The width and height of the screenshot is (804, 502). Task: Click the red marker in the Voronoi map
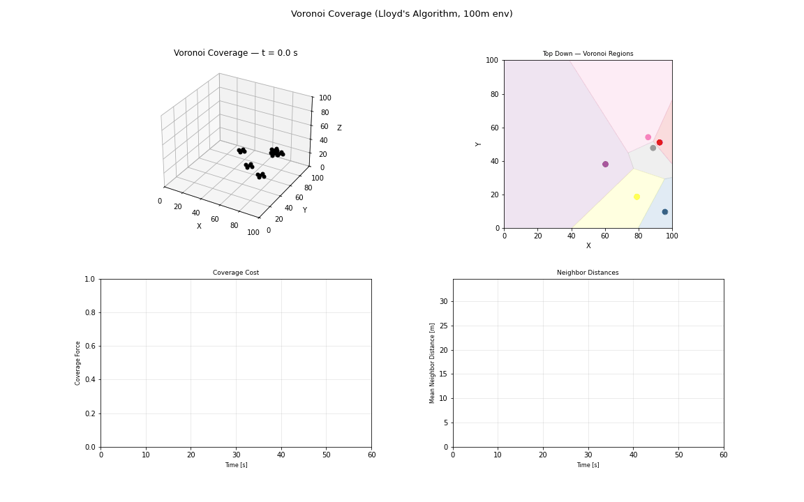click(x=660, y=142)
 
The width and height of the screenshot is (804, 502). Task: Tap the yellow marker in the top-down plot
click(x=636, y=197)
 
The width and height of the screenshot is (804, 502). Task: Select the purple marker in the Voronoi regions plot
click(x=605, y=165)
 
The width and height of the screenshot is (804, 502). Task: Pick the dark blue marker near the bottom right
click(x=664, y=212)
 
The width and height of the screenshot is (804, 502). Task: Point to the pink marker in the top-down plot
click(x=648, y=137)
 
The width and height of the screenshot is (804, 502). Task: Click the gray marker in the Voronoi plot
click(x=653, y=148)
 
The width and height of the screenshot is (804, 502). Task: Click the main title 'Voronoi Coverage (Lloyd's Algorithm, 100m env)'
click(x=401, y=14)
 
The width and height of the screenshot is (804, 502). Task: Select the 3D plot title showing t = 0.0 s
click(x=235, y=53)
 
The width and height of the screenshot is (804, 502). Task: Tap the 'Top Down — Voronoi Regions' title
click(x=588, y=54)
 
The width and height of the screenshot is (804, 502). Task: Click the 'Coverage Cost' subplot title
click(x=235, y=273)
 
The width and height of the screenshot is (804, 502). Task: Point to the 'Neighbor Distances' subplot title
click(x=588, y=273)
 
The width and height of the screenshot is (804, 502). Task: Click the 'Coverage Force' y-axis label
click(x=78, y=363)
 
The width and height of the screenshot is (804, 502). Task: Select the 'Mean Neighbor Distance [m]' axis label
click(x=432, y=363)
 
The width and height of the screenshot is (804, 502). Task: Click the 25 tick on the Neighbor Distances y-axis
click(x=442, y=326)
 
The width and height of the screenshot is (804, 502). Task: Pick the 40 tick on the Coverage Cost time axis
click(x=281, y=455)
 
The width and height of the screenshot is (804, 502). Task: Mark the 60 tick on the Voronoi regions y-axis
click(x=495, y=128)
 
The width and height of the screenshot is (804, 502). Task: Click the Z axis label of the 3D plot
click(x=339, y=128)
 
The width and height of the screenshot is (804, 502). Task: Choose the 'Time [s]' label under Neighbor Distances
click(x=588, y=465)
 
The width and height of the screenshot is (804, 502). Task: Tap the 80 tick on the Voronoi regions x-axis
click(x=639, y=236)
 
